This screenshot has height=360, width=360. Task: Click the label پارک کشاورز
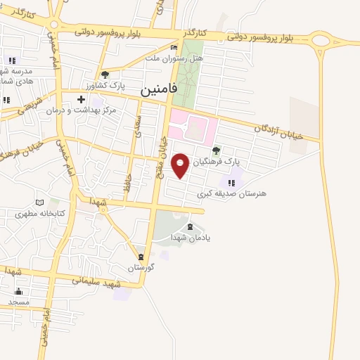point(115,85)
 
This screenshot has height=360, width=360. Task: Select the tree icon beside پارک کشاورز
point(105,75)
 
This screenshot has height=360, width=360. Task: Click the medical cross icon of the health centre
point(82,100)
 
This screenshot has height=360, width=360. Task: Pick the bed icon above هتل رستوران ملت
point(174,47)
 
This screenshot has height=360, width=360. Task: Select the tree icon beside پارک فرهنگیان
point(216,150)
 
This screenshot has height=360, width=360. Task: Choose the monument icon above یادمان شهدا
point(190,226)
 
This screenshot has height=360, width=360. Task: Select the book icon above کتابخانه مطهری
point(49,202)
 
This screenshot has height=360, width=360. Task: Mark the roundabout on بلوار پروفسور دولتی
point(321,40)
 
